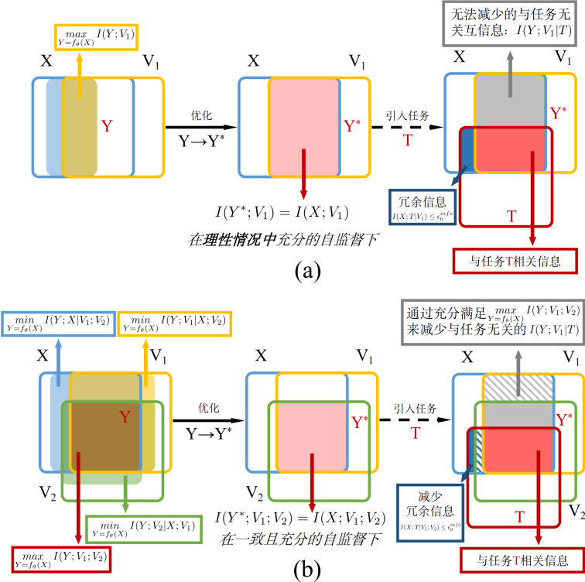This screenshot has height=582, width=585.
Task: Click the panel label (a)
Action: pyautogui.click(x=292, y=271)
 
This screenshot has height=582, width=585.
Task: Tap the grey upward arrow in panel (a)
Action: pyautogui.click(x=510, y=74)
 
